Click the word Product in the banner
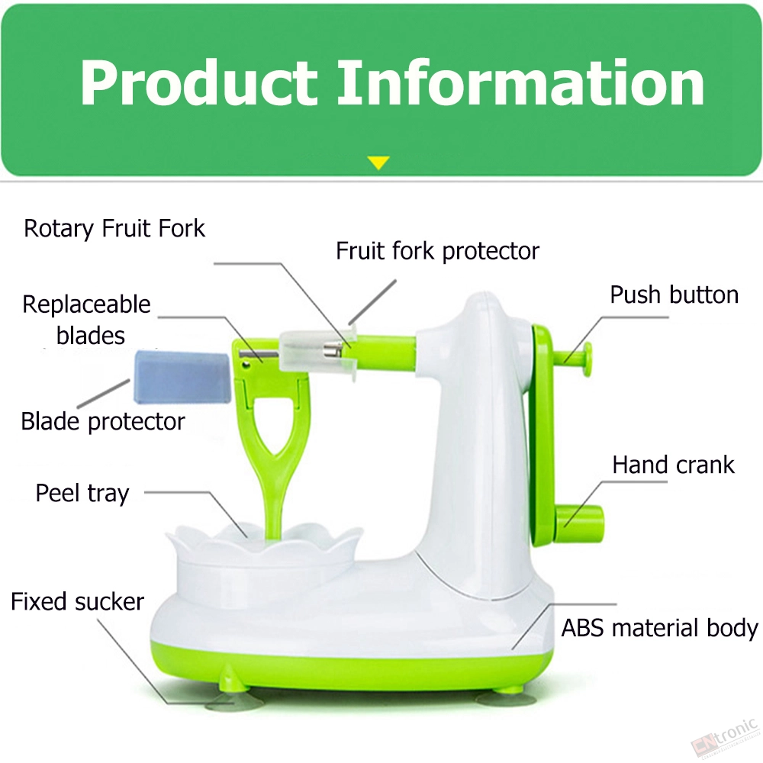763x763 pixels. (x=198, y=82)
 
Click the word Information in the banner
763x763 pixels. (x=521, y=82)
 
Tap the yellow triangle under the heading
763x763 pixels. (x=378, y=163)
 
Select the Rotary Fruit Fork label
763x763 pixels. (x=114, y=229)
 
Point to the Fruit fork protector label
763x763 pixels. (x=437, y=252)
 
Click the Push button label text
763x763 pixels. (x=674, y=295)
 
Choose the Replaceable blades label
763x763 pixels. (x=87, y=320)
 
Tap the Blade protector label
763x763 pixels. (x=103, y=421)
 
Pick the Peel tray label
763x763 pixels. (x=82, y=494)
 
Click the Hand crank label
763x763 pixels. (x=673, y=465)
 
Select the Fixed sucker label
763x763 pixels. (x=77, y=602)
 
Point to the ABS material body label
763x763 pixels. (x=659, y=628)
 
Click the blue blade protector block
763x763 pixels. (x=182, y=377)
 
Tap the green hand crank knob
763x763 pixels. (x=579, y=524)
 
